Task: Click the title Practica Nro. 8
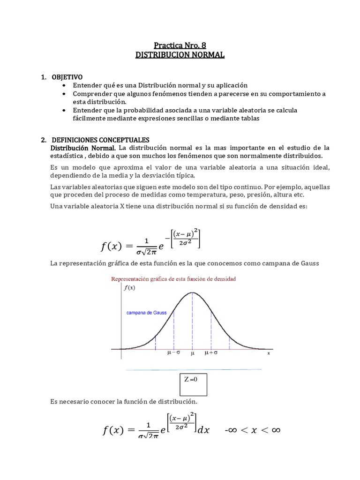[x=180, y=45]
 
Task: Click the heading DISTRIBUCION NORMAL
[x=180, y=55]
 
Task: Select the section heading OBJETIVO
[x=67, y=76]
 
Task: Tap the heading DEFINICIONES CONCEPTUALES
[x=100, y=140]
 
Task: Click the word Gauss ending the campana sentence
[x=308, y=263]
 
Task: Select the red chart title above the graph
[x=173, y=278]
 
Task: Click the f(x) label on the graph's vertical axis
[x=129, y=288]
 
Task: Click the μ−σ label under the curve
[x=174, y=354]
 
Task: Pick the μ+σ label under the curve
[x=211, y=354]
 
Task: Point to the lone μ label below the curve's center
[x=192, y=354]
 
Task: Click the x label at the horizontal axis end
[x=269, y=353]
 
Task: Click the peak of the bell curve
[x=192, y=292]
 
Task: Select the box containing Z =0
[x=193, y=384]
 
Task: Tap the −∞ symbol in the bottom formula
[x=233, y=430]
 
